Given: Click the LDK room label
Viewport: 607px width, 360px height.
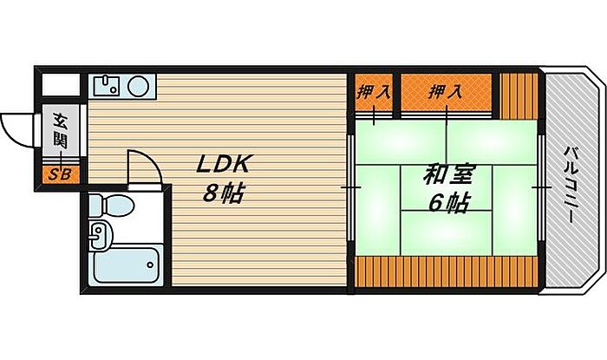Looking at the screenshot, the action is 223,165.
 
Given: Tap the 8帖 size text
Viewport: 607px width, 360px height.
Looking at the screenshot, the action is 224,193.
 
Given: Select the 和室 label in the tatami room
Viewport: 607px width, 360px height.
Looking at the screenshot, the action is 447,175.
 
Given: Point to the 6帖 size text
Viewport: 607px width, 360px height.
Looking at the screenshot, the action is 449,203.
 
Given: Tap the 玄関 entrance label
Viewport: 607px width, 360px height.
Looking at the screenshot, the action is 61,131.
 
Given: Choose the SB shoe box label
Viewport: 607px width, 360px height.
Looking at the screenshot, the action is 60,175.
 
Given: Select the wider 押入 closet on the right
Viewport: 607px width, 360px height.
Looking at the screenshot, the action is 446,92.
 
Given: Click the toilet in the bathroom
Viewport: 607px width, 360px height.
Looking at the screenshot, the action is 111,205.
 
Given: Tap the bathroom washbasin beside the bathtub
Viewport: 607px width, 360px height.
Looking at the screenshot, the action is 101,234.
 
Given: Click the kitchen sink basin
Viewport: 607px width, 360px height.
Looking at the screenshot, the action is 106,85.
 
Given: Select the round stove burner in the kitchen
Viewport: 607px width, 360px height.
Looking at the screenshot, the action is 138,86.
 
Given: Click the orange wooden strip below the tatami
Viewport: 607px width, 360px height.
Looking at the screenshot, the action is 447,272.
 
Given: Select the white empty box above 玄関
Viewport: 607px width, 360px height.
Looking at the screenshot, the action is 61,85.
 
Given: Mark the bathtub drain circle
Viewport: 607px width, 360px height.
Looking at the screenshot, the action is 150,265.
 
